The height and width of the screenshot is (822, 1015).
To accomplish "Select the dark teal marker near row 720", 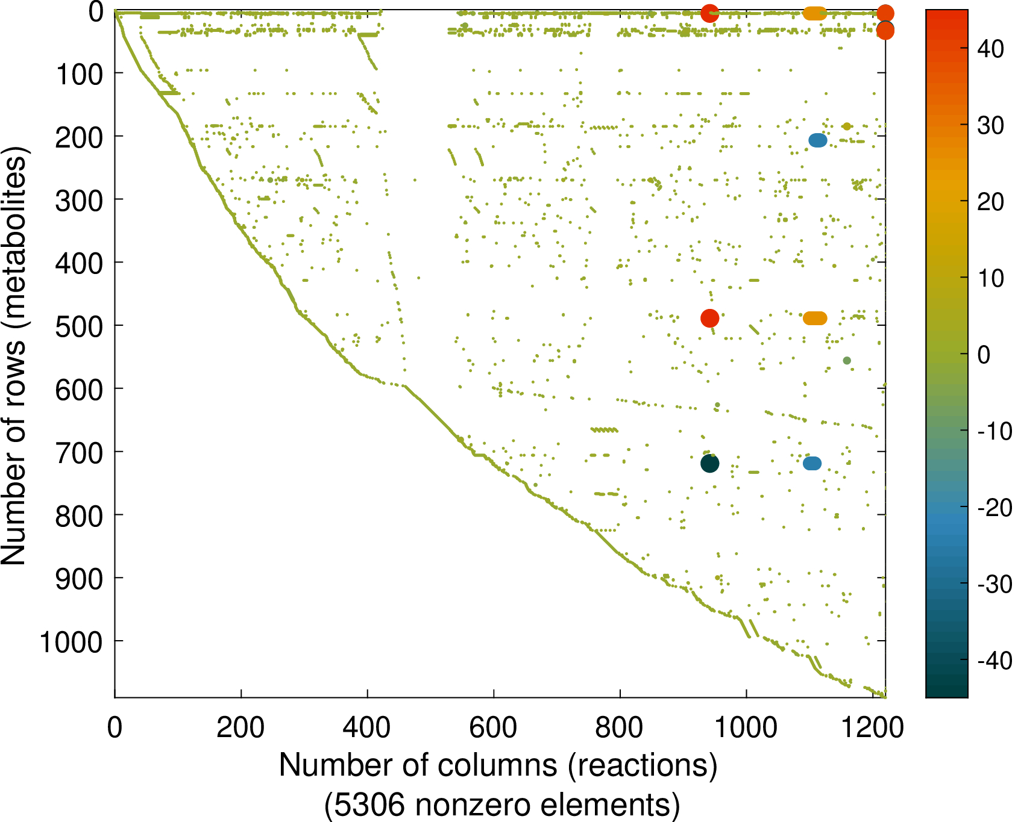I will point(709,463).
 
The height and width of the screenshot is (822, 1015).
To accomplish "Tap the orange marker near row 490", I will point(815,318).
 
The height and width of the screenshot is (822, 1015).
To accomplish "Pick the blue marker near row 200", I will point(817,140).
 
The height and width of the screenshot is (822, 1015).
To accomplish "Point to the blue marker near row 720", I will point(812,463).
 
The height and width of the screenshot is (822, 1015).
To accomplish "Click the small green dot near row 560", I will point(846,360).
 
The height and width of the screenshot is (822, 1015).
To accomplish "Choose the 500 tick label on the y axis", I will point(79,326).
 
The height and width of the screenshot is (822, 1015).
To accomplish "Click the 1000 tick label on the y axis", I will point(71,642).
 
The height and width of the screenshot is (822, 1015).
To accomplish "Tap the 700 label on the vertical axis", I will point(79,452).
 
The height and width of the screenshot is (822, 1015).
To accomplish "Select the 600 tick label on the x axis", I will point(493,727).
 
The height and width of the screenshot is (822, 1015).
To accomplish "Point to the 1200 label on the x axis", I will point(872,727).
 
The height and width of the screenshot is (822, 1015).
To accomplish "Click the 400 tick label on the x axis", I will point(366,727).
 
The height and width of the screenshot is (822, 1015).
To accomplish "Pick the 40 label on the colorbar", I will point(990,49).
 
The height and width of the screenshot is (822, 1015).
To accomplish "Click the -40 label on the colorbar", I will point(995,661).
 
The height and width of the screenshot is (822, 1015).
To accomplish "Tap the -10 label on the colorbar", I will point(995,431).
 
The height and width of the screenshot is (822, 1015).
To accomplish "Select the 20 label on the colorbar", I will point(990,202).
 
